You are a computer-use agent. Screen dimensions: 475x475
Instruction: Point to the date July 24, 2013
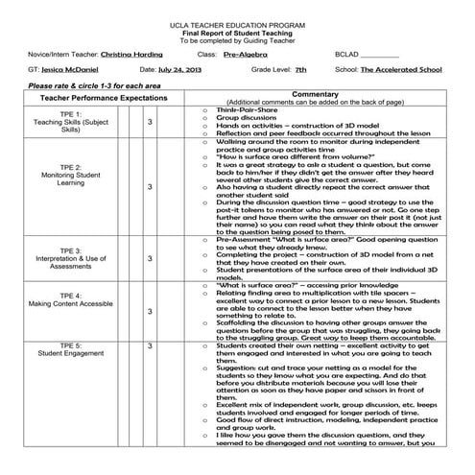coord(182,69)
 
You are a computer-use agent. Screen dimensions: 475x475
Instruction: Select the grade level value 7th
coord(301,69)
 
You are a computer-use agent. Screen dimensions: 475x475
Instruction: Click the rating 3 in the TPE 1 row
coord(150,122)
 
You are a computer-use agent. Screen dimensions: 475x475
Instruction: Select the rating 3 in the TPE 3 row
coord(150,258)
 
